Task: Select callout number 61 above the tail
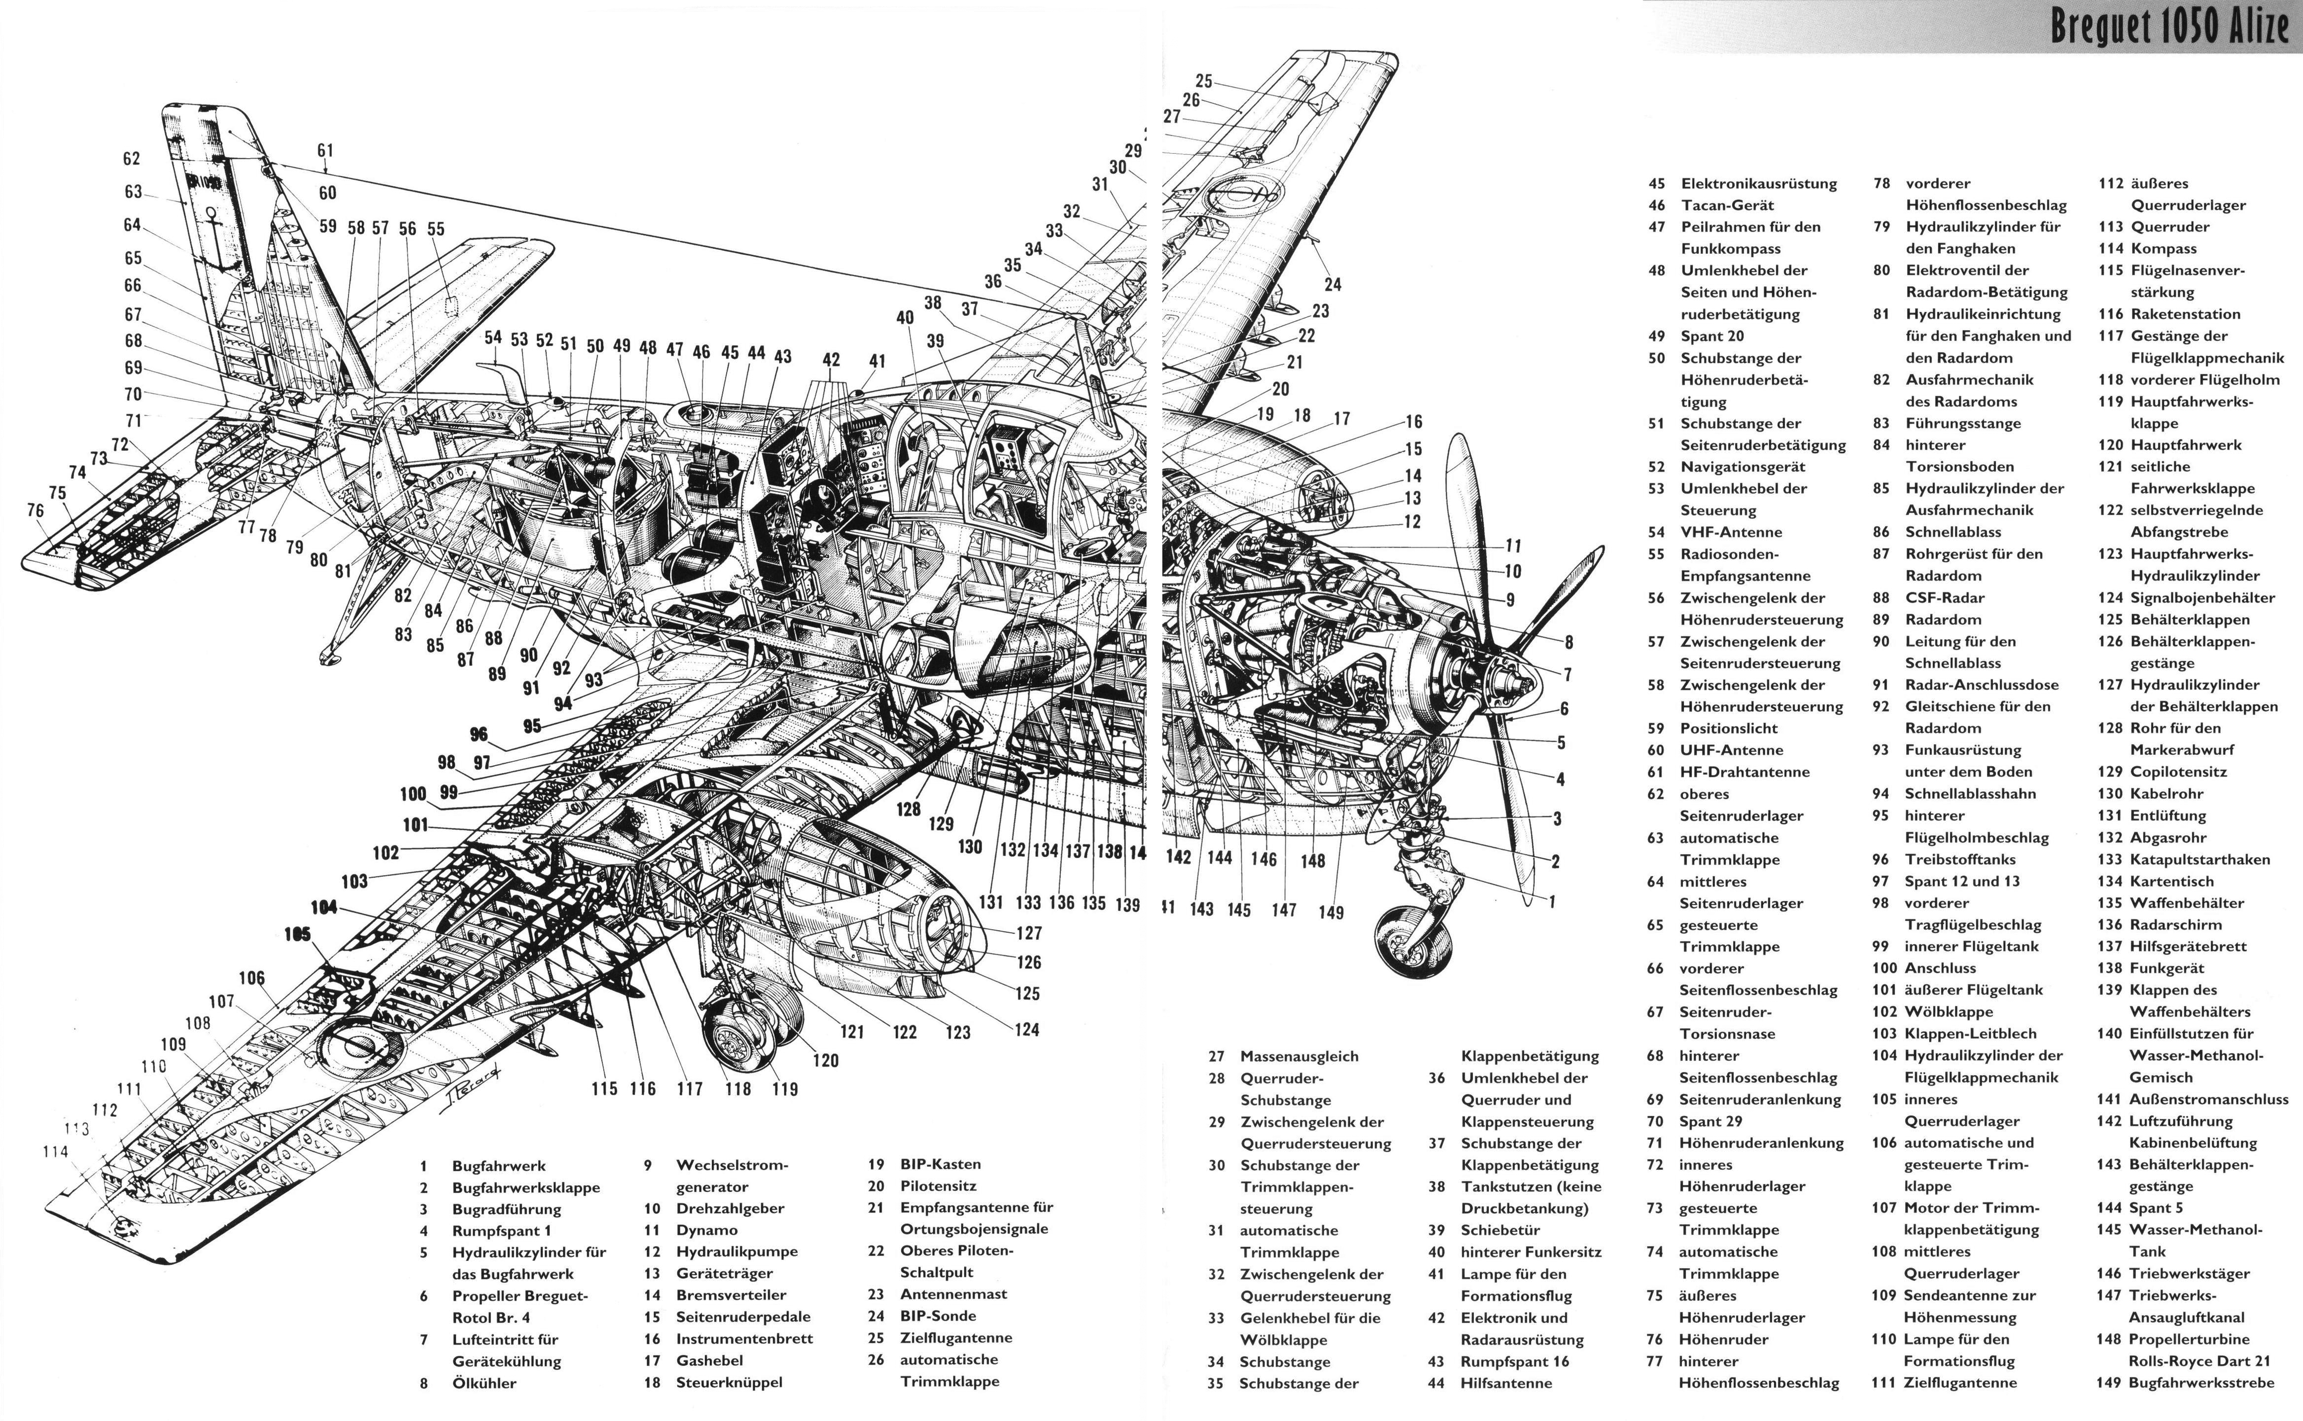tap(325, 150)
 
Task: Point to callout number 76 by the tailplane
tap(36, 510)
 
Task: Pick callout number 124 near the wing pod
tap(1028, 1030)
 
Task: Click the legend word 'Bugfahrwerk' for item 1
tap(498, 1166)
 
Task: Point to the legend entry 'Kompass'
tap(2164, 249)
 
